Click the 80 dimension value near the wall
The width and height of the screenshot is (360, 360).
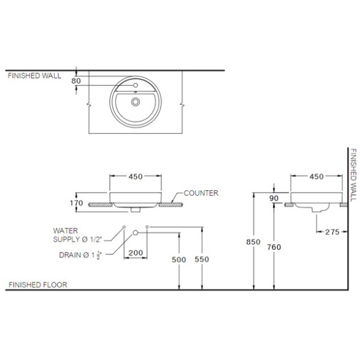click(x=76, y=81)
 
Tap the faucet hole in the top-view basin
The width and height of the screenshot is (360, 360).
click(x=136, y=85)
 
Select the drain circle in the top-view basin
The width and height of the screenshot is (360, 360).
click(x=136, y=101)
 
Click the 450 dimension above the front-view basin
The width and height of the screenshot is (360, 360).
click(x=136, y=177)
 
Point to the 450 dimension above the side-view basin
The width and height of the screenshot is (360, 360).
click(x=316, y=177)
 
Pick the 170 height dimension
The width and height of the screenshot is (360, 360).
click(x=76, y=203)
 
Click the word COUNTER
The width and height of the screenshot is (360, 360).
click(x=201, y=193)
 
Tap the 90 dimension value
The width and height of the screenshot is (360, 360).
click(x=274, y=198)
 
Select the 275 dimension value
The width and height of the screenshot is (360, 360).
click(x=332, y=232)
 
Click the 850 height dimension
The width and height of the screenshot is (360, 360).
click(x=253, y=242)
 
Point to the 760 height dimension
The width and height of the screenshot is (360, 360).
click(x=274, y=247)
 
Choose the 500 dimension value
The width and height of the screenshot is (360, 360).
click(x=179, y=259)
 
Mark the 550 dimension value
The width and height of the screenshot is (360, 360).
click(x=202, y=259)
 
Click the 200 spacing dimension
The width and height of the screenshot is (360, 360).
click(x=136, y=253)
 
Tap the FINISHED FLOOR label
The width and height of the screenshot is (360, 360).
click(x=38, y=285)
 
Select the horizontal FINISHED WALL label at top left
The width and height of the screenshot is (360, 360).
click(x=34, y=76)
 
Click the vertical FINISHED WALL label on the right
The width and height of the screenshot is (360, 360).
click(x=353, y=175)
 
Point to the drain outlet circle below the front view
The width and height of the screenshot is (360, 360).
click(x=136, y=232)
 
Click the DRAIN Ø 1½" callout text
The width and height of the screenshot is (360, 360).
click(x=80, y=255)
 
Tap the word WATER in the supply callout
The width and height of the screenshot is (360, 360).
click(x=66, y=231)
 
